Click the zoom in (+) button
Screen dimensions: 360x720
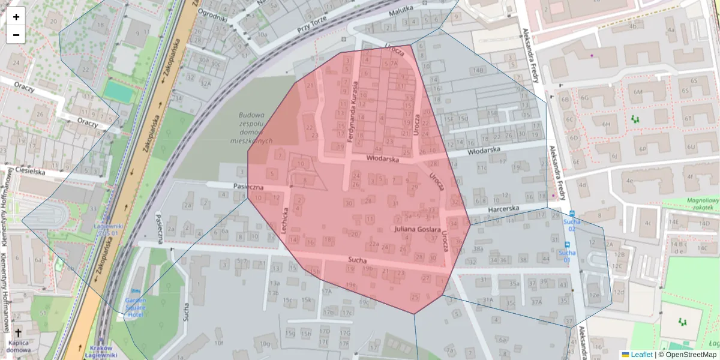pyautogui.click(x=16, y=17)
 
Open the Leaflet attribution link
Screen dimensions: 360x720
pyautogui.click(x=641, y=355)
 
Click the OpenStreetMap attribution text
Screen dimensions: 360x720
pyautogui.click(x=691, y=355)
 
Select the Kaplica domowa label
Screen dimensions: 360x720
pyautogui.click(x=18, y=346)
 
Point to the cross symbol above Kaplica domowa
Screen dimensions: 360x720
pyautogui.click(x=18, y=333)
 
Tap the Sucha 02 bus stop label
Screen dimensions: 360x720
pyautogui.click(x=572, y=225)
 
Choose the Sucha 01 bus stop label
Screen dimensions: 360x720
pyautogui.click(x=567, y=256)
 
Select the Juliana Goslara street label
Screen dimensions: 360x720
pyautogui.click(x=418, y=230)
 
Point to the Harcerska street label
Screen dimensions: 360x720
pyautogui.click(x=503, y=209)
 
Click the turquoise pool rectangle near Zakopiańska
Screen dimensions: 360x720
pyautogui.click(x=119, y=91)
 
